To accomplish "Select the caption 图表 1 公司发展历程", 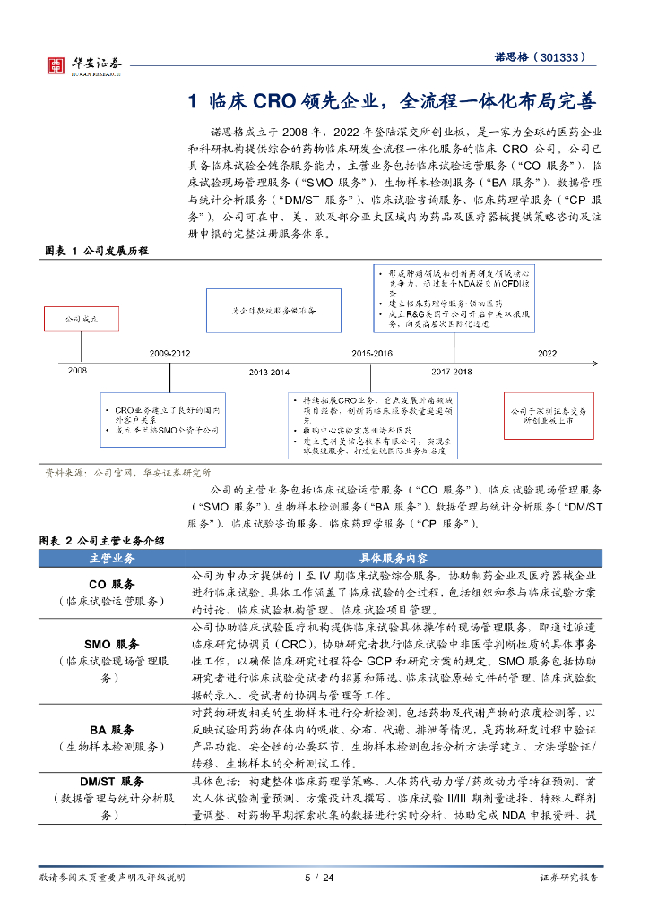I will (96, 250).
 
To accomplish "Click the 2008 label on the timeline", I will (78, 369).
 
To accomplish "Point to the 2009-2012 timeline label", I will (170, 354).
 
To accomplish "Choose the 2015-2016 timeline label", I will (371, 354).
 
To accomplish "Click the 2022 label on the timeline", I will (547, 354).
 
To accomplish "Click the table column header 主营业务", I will (112, 558).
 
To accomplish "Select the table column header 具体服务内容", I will (393, 558).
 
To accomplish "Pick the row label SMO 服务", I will (111, 644).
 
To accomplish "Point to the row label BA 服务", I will (111, 729).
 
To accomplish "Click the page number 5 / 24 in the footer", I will (319, 878).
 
